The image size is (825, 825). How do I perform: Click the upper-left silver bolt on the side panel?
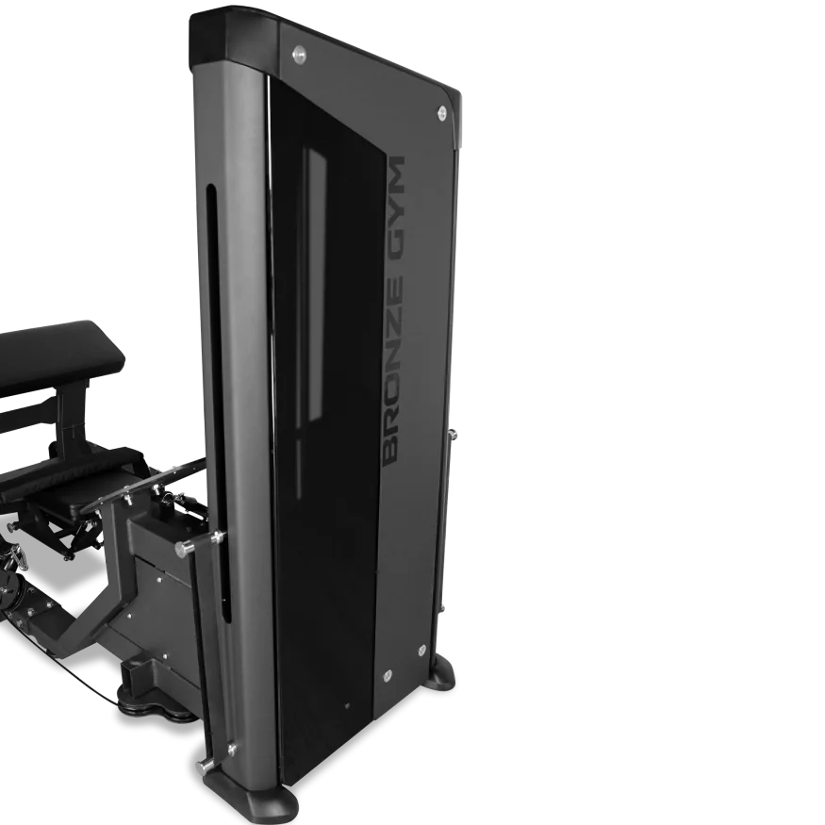point(299,53)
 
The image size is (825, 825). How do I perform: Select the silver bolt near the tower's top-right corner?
point(442,111)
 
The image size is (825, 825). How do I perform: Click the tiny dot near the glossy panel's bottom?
point(347,705)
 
